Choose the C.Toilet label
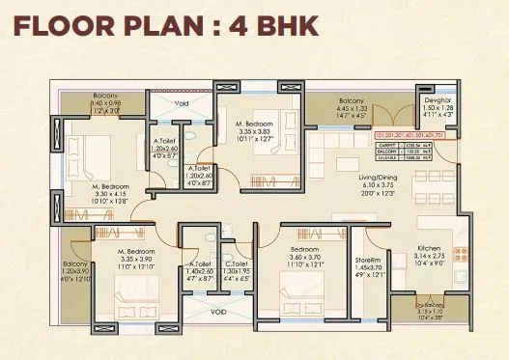(x=234, y=263)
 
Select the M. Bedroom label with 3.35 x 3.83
(x=259, y=125)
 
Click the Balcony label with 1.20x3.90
(x=74, y=263)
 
